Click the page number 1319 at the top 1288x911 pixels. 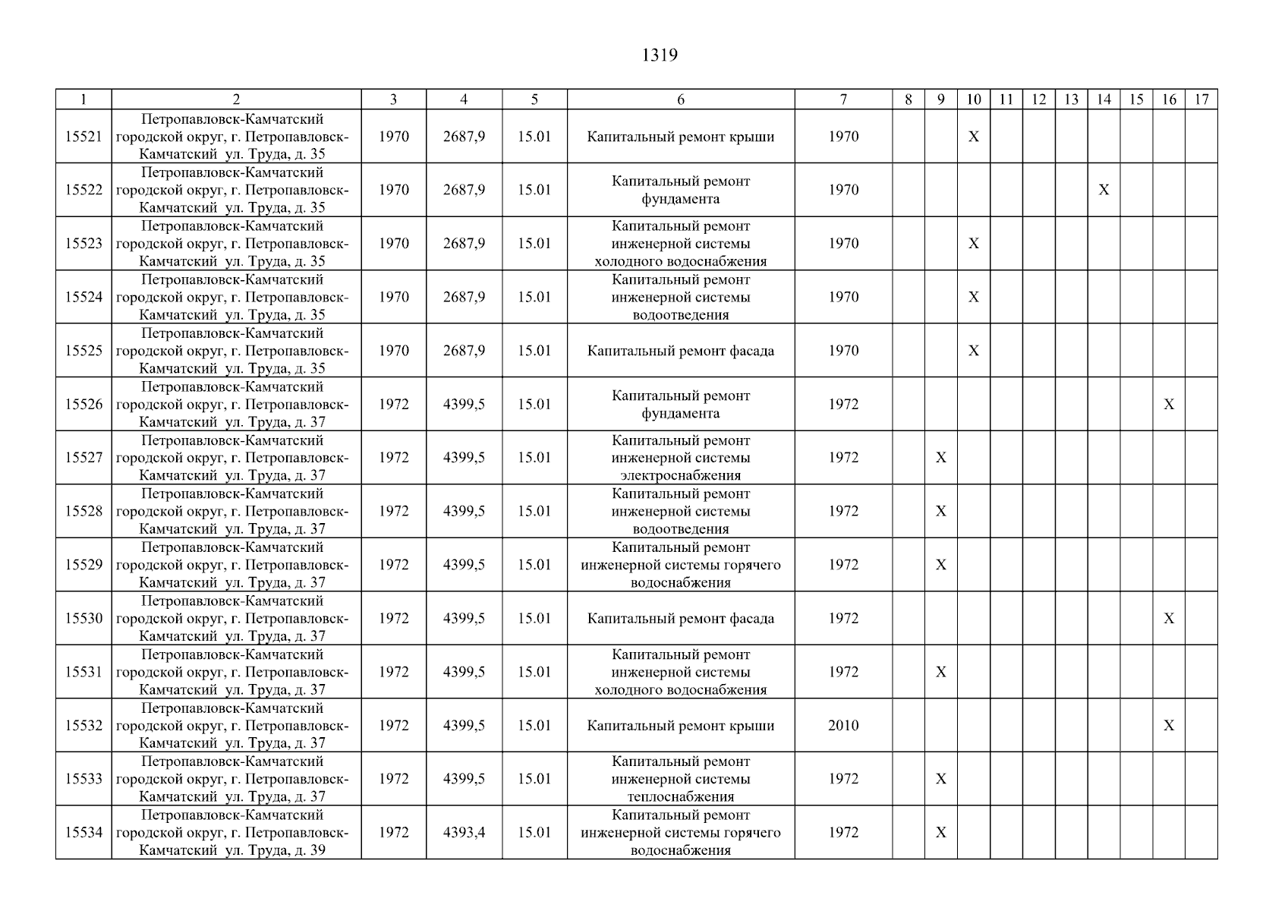(x=659, y=55)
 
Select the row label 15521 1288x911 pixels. (x=83, y=137)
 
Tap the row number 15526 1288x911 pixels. (x=83, y=405)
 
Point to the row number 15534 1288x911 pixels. (x=83, y=833)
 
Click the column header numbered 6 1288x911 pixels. (x=681, y=99)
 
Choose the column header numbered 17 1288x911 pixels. (x=1201, y=99)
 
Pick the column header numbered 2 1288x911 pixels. (x=236, y=99)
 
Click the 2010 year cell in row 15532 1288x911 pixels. (x=843, y=726)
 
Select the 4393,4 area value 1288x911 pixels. (x=464, y=833)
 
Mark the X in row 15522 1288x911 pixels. (x=1104, y=190)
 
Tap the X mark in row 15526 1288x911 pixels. (x=1169, y=405)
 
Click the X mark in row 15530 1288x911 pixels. (x=1169, y=619)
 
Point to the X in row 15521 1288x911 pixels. (x=974, y=137)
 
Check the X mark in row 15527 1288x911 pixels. (x=941, y=458)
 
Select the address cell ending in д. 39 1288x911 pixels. (x=236, y=833)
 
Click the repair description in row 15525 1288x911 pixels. (x=681, y=351)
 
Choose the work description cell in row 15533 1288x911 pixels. (x=681, y=779)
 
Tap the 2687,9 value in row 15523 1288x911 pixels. (x=464, y=244)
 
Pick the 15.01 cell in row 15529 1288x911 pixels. (x=534, y=565)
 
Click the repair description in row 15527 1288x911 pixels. (x=681, y=458)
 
